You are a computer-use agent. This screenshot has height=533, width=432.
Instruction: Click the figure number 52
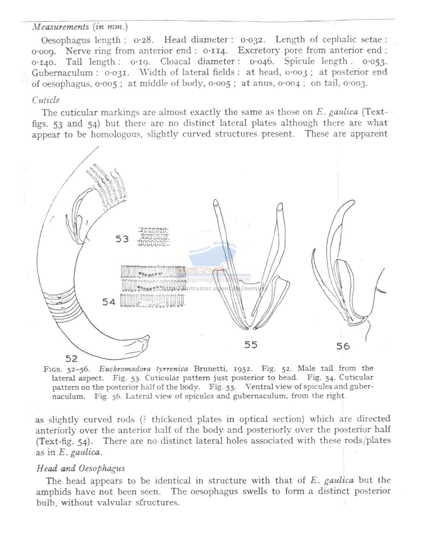[x=71, y=359]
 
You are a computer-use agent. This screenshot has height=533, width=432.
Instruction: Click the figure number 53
[x=122, y=239]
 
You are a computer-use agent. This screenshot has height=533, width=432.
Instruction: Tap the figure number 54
[x=109, y=302]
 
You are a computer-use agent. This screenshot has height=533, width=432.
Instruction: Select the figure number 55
[x=251, y=345]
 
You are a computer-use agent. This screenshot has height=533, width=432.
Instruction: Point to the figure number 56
[x=343, y=346]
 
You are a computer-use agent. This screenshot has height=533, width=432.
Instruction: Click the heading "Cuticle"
[x=46, y=100]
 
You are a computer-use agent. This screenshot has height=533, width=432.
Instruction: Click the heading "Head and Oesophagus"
[x=80, y=468]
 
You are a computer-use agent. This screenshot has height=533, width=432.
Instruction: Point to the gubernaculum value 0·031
[x=117, y=72]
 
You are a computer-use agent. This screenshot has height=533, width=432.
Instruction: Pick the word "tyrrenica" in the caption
[x=172, y=369]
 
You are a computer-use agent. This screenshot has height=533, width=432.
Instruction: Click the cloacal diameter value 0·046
[x=262, y=61]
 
